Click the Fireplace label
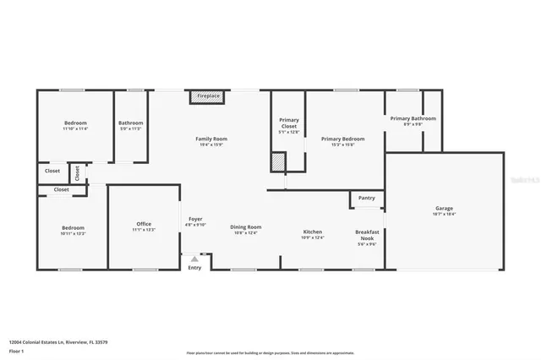tap(208, 96)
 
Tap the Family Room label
tap(211, 139)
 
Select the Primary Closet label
tap(289, 120)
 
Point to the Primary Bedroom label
tap(342, 139)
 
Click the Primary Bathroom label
tap(413, 118)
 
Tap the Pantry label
tap(366, 198)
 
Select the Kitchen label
tap(313, 232)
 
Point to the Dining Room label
tap(246, 226)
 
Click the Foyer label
tap(194, 219)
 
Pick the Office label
tap(144, 224)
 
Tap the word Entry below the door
tap(194, 268)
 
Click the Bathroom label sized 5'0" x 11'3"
tap(130, 123)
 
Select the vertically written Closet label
tap(77, 173)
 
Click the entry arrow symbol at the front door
tap(194, 259)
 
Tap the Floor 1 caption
tap(17, 349)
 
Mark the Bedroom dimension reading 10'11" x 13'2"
tap(73, 233)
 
